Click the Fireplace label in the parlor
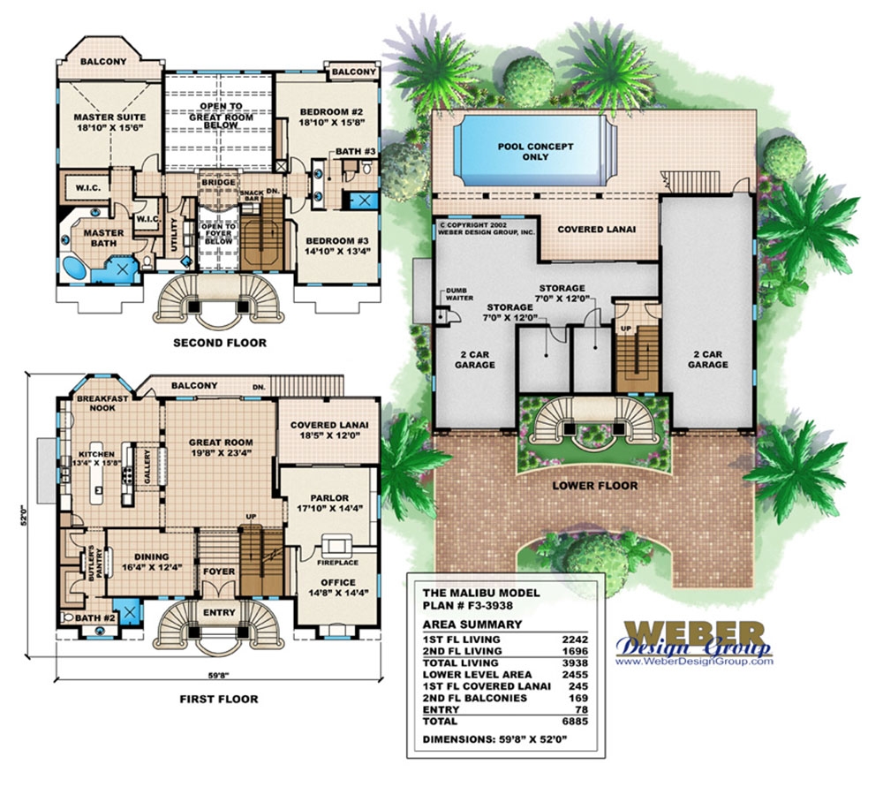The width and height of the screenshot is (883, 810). pyautogui.click(x=337, y=562)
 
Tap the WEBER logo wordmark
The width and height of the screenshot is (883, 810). pyautogui.click(x=695, y=633)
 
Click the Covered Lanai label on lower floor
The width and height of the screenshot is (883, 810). pyautogui.click(x=596, y=229)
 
